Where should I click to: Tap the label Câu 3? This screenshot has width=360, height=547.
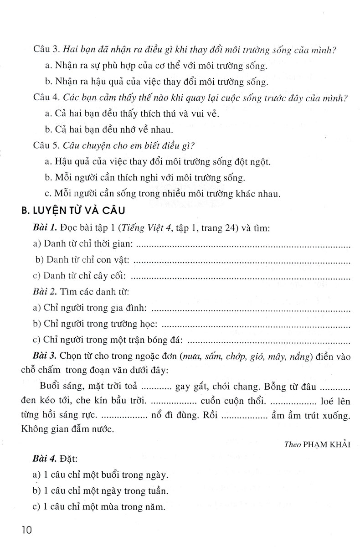point(45,50)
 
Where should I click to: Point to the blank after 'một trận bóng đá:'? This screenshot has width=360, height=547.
point(269,340)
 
